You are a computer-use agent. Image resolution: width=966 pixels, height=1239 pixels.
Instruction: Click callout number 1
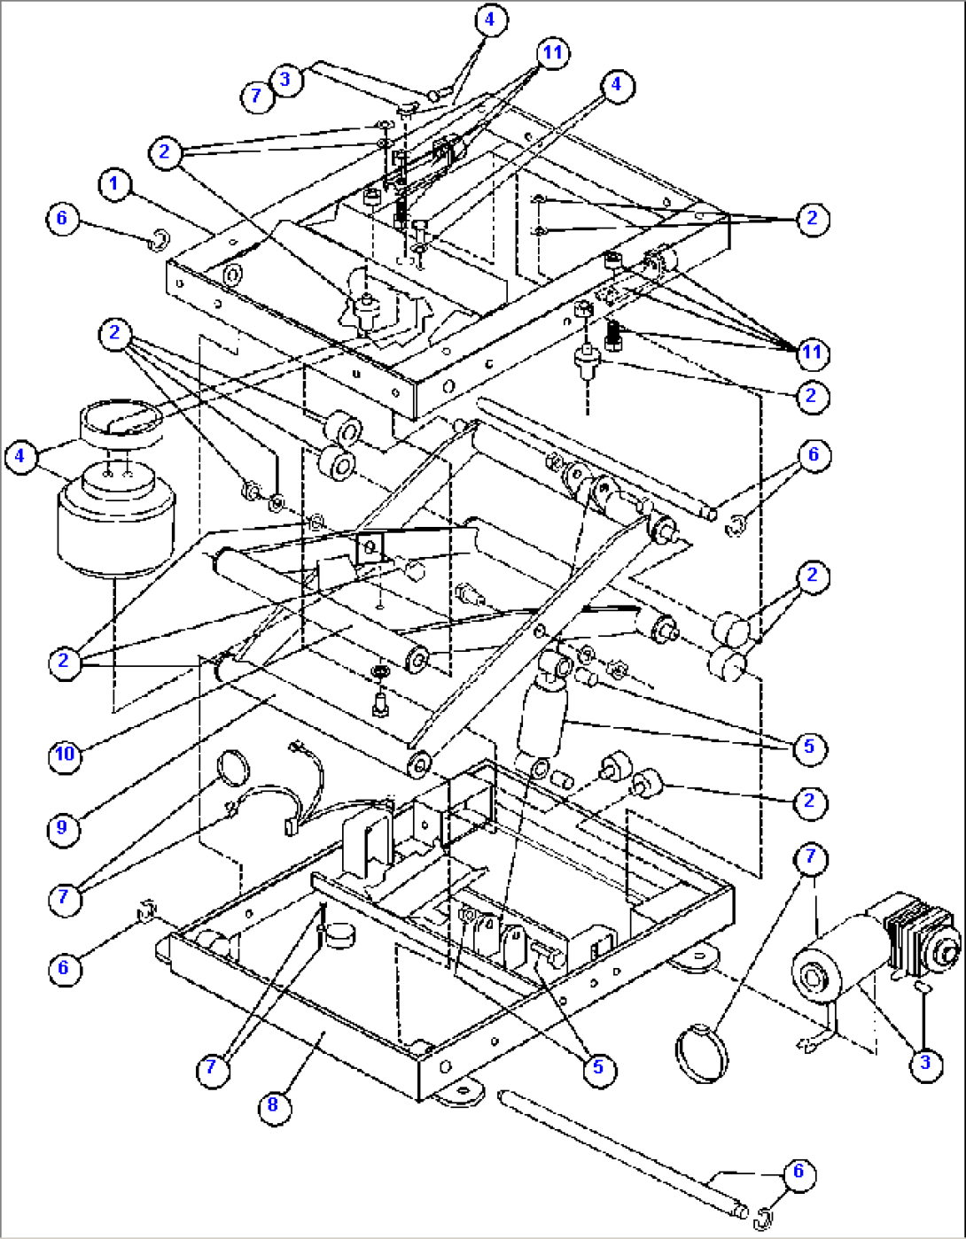tap(113, 184)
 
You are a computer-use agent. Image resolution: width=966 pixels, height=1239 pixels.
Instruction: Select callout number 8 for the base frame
tap(272, 1104)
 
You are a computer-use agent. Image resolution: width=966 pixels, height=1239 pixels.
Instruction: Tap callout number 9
tap(63, 827)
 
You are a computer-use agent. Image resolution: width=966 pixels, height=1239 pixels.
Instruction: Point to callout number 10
tap(64, 754)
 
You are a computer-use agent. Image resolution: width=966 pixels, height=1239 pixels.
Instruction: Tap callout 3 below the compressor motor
tap(924, 1062)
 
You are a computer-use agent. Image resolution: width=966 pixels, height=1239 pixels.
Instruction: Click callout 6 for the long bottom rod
tap(798, 1172)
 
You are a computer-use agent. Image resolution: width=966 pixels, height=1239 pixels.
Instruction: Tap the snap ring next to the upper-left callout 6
tap(160, 237)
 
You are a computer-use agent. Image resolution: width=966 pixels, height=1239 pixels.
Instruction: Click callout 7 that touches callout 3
tap(256, 94)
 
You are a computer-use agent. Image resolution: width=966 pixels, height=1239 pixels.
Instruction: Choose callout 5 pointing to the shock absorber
tap(808, 747)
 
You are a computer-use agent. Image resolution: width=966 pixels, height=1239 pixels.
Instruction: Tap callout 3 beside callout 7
tap(284, 78)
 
